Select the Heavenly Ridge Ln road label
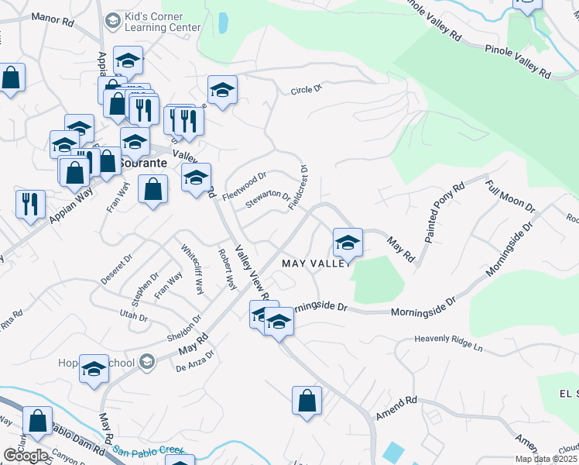448,343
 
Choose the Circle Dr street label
306,90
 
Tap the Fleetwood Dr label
244,187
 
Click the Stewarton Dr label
268,201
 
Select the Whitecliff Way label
192,270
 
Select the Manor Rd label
53,20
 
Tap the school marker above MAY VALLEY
348,242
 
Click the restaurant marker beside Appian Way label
29,204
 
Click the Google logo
26,456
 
